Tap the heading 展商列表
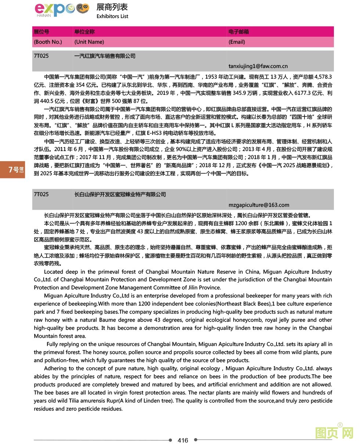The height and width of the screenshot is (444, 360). coord(112,7)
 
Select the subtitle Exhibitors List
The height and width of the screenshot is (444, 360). coord(112,16)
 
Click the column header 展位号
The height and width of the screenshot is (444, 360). coord(41,32)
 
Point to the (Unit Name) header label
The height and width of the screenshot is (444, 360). coord(89,42)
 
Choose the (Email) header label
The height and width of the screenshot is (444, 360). coord(237,42)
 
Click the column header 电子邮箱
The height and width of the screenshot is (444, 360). coord(238,32)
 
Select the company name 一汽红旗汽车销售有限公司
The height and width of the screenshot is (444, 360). coord(105,56)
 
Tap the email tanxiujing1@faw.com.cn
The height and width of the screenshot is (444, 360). coord(258,66)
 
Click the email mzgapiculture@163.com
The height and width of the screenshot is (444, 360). coord(259,205)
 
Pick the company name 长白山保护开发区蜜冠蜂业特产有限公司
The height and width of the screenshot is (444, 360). coord(120,194)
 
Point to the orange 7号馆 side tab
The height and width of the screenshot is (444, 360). coord(13,170)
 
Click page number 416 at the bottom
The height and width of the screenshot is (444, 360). coord(183,440)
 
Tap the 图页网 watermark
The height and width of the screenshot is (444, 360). coord(334,433)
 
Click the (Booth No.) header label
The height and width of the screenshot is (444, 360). coord(48,42)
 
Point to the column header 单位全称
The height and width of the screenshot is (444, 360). coord(84,32)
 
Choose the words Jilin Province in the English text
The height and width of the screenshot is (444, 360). coord(204,288)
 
